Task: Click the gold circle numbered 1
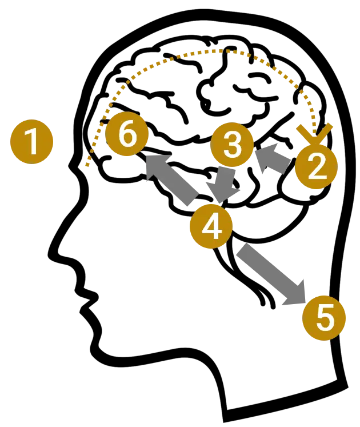(32, 142)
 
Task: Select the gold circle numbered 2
(316, 167)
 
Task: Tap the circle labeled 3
(232, 144)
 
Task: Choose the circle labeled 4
(211, 226)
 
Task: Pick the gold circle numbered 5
(324, 318)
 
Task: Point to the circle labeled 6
(127, 135)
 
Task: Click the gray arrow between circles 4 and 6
(174, 178)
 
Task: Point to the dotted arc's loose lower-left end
(86, 166)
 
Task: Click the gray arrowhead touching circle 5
(295, 293)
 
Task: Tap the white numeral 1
(32, 142)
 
